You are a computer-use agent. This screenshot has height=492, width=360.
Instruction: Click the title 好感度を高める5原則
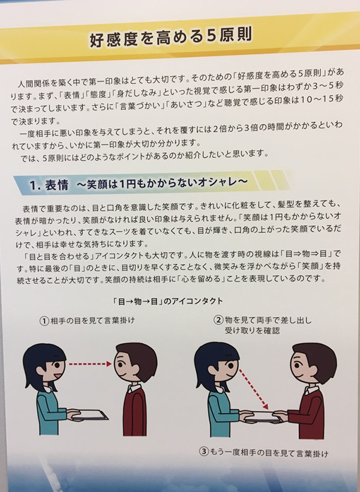coord(170,37)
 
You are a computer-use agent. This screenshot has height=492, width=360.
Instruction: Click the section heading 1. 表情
coord(49,185)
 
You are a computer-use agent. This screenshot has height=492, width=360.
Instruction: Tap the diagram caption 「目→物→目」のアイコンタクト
coord(168,302)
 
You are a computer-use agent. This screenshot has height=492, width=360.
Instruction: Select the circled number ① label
coord(44,321)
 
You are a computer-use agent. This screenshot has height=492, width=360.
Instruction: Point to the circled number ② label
coord(218,320)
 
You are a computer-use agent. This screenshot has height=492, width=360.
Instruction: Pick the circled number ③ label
coord(204,452)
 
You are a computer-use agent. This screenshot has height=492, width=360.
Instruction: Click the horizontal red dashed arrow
coord(91,364)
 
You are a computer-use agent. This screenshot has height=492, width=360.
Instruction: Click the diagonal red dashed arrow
coord(254,389)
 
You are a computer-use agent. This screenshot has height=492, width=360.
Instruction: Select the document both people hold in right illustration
coord(263,416)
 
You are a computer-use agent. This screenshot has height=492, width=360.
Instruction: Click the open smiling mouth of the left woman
coord(57,375)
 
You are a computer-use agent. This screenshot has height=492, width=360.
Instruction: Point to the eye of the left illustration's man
coord(121,364)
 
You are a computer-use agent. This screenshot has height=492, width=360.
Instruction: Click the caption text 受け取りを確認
coord(252,331)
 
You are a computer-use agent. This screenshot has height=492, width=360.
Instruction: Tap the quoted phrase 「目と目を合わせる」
coord(58,256)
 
